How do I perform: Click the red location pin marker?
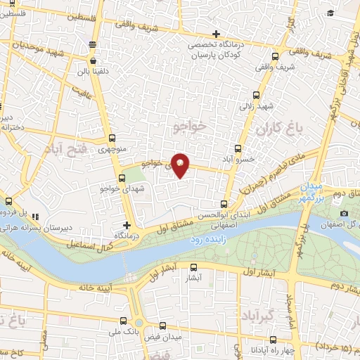click(181, 165)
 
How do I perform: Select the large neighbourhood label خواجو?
click(191, 126)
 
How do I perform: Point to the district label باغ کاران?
click(278, 129)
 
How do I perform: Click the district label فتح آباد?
click(65, 149)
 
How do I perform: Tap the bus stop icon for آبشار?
click(195, 267)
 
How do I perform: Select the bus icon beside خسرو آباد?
click(238, 148)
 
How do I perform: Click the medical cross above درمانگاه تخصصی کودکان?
click(217, 34)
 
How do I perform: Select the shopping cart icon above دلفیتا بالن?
click(93, 44)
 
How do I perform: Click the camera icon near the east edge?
click(344, 213)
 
